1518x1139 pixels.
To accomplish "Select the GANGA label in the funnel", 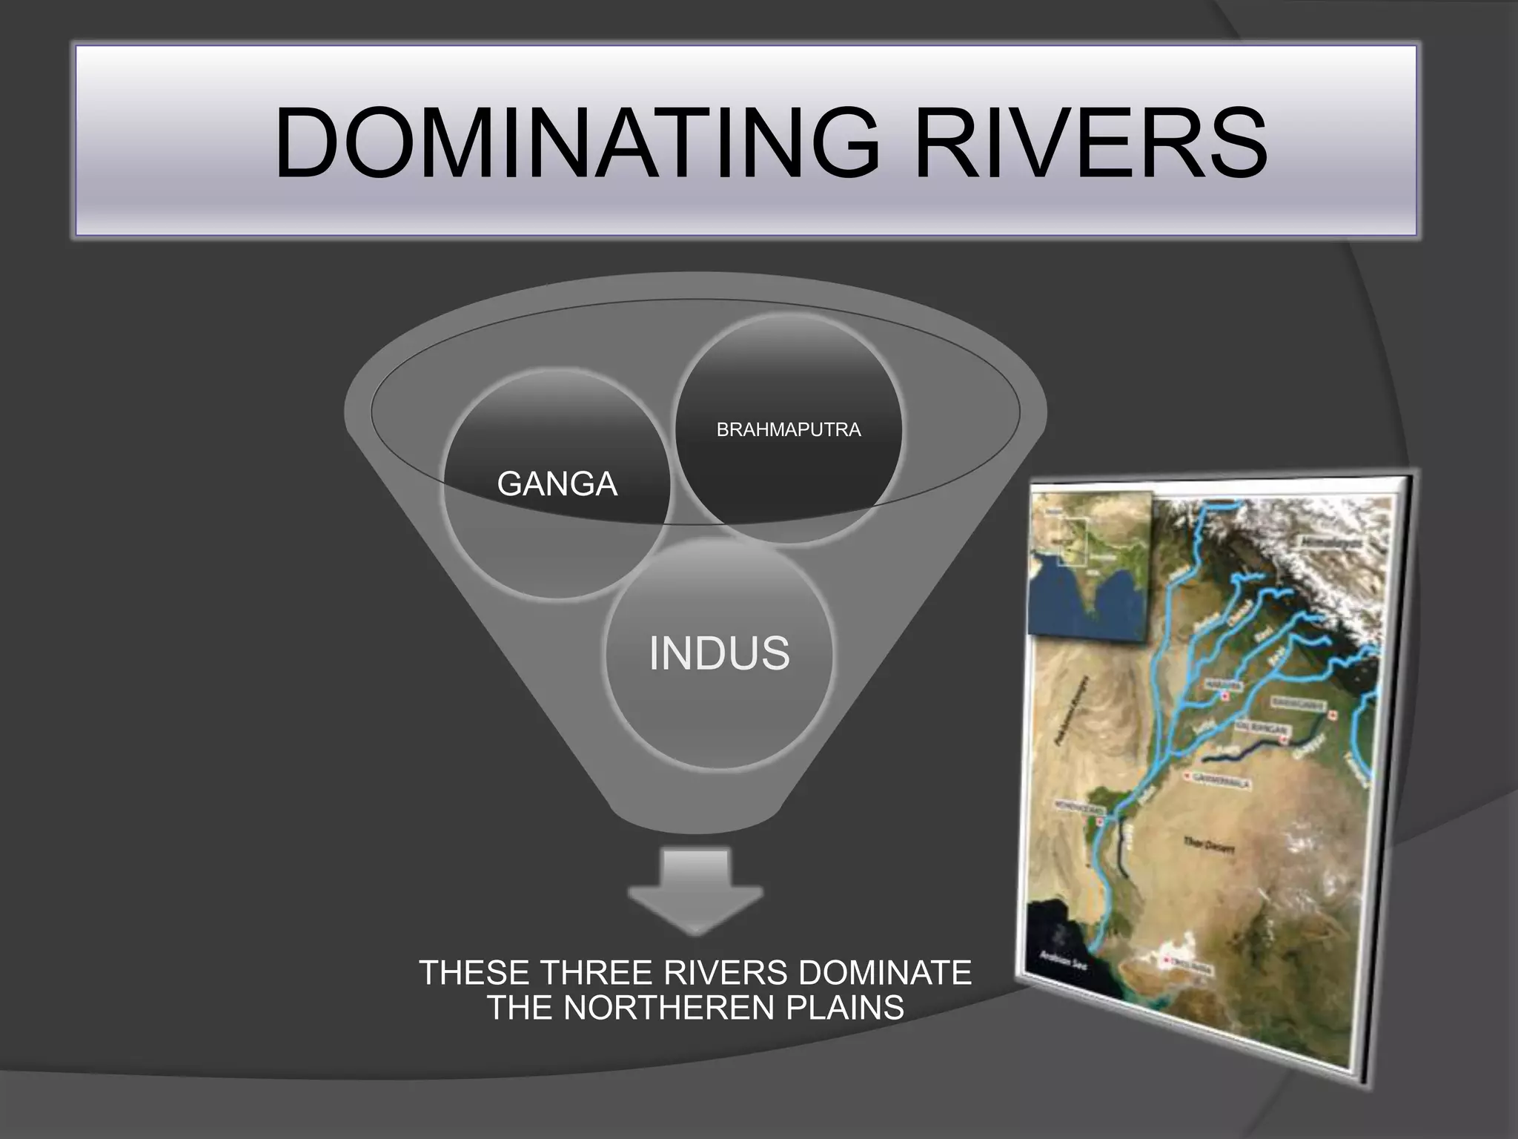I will [557, 484].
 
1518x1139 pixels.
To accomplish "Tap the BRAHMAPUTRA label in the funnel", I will [789, 430].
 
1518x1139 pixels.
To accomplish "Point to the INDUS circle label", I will [719, 653].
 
